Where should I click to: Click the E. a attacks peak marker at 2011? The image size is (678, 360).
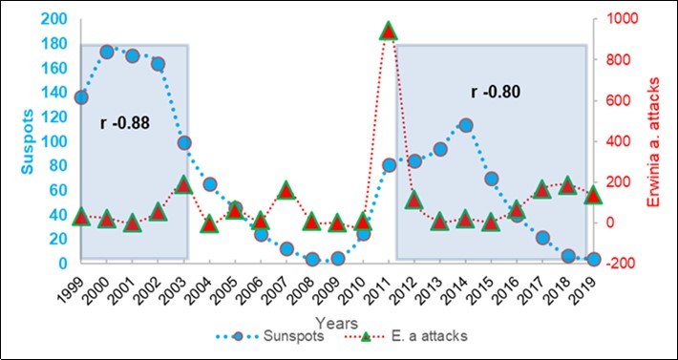click(x=389, y=32)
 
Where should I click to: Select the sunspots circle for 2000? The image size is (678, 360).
click(x=107, y=52)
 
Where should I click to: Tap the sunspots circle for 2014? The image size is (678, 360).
click(x=465, y=125)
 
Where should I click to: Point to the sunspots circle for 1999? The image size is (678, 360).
click(x=81, y=96)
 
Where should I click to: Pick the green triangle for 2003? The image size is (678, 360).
click(x=184, y=184)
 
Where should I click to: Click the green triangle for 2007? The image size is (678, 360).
click(x=286, y=190)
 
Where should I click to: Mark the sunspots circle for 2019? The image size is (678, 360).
click(x=593, y=259)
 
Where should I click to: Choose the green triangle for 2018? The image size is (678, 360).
click(x=567, y=185)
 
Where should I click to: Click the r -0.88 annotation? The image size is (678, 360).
click(x=125, y=123)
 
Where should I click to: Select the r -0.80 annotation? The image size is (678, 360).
click(x=497, y=93)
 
